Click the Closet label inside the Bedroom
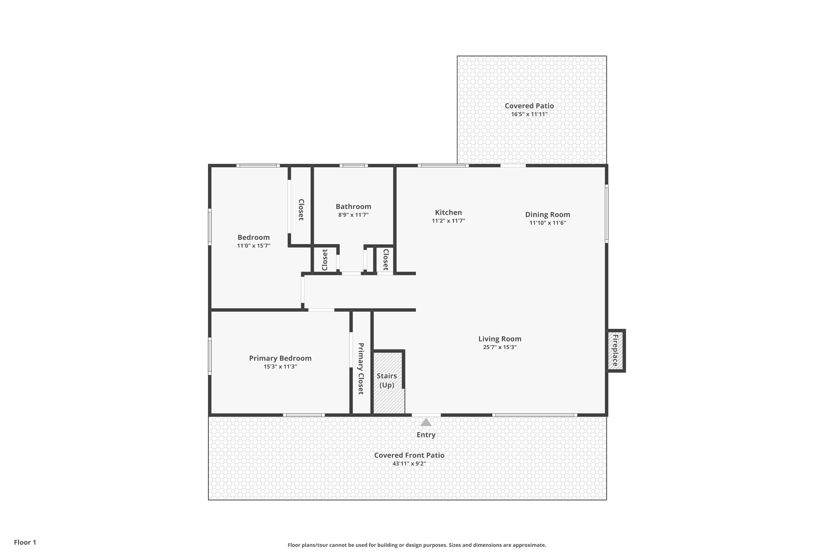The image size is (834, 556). (301, 210)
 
